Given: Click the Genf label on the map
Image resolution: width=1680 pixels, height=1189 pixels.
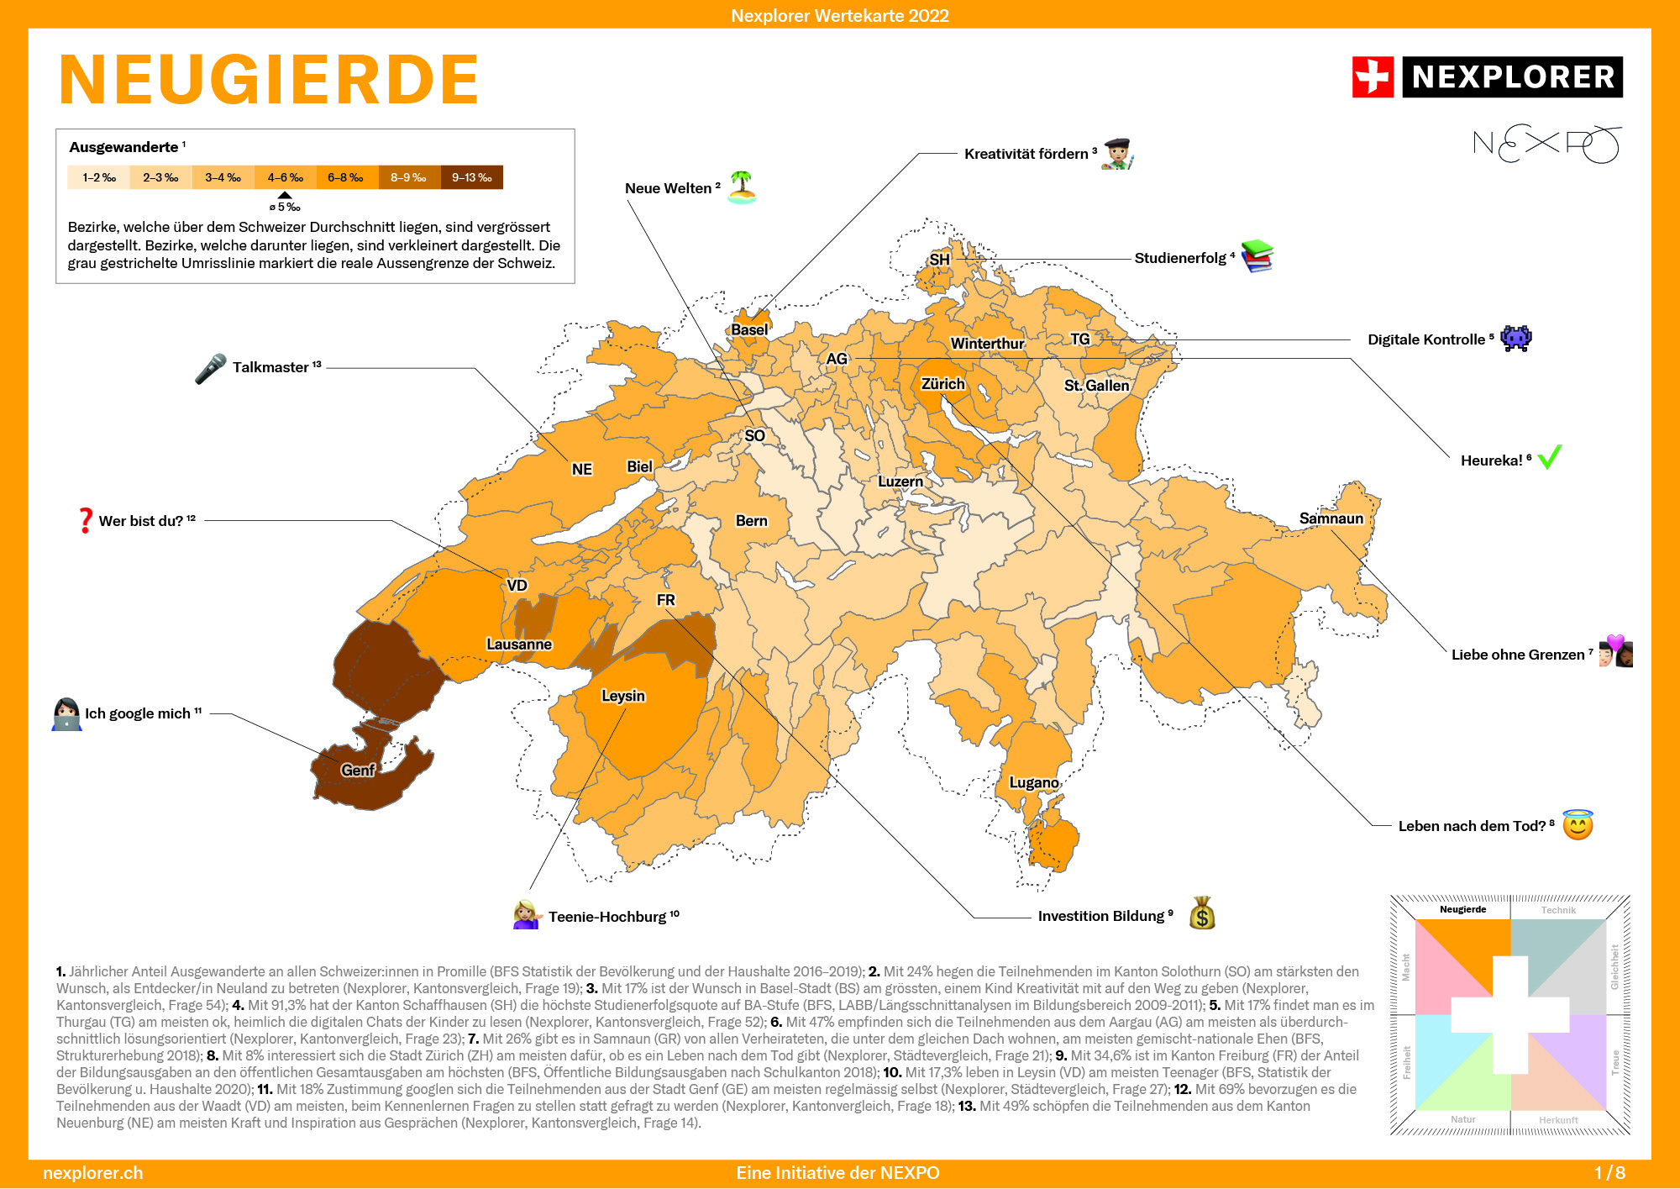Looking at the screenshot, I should click(x=358, y=770).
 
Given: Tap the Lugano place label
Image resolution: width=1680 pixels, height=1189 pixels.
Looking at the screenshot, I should click(x=1033, y=782).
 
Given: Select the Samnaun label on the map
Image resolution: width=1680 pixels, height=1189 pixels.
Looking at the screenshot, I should click(x=1331, y=518).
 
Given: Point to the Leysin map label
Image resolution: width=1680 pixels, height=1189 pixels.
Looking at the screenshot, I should click(x=623, y=696).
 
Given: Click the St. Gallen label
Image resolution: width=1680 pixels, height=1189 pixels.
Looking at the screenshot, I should click(x=1096, y=386).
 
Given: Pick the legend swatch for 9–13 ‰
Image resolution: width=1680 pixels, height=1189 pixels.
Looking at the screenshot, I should click(x=471, y=177).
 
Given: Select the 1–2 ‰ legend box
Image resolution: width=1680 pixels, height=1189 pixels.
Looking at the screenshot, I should click(x=98, y=177).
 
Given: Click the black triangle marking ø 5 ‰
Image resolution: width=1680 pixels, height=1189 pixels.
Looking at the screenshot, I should click(x=285, y=195).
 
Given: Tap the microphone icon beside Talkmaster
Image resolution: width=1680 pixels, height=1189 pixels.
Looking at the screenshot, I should click(x=210, y=368).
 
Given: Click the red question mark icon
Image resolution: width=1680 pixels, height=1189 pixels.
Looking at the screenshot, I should click(x=85, y=520).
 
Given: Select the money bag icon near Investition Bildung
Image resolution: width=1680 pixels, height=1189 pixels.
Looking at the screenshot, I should click(x=1202, y=913).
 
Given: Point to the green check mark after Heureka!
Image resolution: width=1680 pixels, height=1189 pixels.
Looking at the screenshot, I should click(x=1549, y=457).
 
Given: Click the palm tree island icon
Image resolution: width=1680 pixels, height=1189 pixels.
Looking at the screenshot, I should click(x=742, y=187).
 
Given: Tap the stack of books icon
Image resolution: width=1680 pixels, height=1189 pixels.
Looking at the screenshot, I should click(x=1257, y=256).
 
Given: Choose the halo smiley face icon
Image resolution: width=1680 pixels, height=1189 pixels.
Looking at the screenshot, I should click(x=1578, y=824).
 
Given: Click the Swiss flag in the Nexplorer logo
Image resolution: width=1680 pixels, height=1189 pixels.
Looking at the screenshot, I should click(x=1373, y=77).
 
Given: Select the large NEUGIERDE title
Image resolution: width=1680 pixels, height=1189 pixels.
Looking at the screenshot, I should click(x=269, y=80).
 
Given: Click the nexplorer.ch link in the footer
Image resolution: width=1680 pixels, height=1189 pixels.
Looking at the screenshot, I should click(x=92, y=1173).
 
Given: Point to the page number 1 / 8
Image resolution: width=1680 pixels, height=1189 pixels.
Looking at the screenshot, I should click(x=1609, y=1173).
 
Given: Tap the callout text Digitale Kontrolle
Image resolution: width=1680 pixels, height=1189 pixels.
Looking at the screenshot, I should click(x=1425, y=339).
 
